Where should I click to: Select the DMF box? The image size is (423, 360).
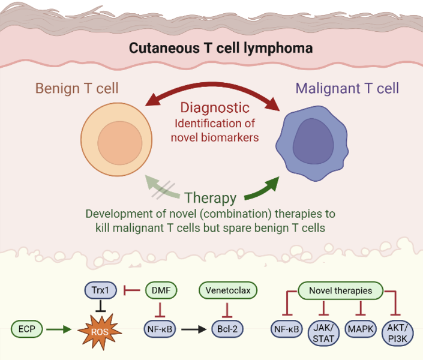(x=161, y=291)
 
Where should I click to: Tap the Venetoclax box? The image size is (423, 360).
(x=228, y=291)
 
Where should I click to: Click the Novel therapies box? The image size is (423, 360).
(x=340, y=291)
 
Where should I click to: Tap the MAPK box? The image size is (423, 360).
(x=361, y=329)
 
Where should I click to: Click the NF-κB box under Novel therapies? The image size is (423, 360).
(x=287, y=329)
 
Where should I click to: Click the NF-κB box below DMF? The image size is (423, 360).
(x=161, y=329)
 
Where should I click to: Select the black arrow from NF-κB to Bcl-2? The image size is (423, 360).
(x=194, y=329)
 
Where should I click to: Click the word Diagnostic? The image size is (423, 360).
(x=215, y=108)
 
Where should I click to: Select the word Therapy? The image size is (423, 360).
(x=210, y=198)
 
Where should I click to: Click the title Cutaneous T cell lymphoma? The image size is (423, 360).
(x=221, y=47)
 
